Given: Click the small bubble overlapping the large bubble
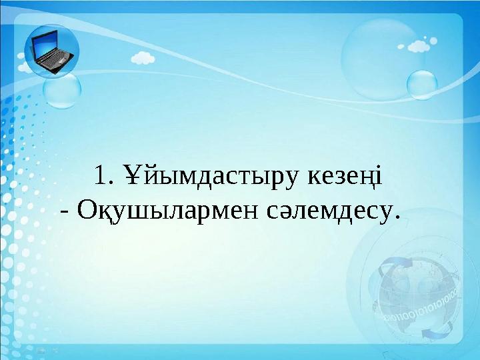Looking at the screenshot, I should tap(421, 85).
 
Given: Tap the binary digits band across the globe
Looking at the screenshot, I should tap(420, 304).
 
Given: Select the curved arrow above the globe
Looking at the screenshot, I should tap(393, 270).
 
